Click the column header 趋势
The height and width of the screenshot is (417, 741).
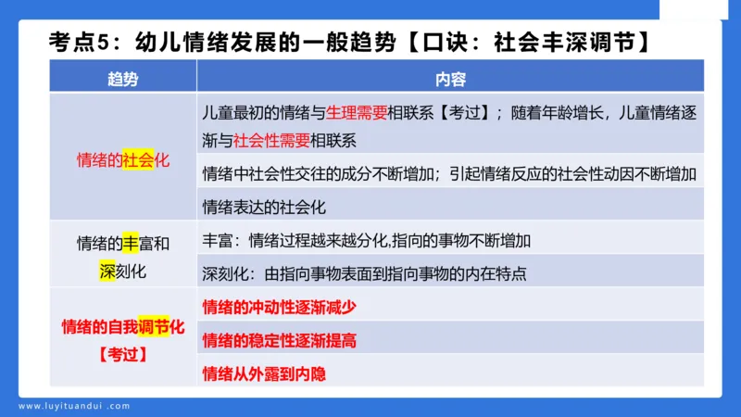(x=122, y=79)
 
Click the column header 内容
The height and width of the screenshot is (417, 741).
(x=449, y=79)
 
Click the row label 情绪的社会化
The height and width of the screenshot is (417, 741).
(x=122, y=159)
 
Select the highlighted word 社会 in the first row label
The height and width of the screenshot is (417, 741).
(x=138, y=159)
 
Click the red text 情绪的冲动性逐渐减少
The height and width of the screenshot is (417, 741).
(x=279, y=307)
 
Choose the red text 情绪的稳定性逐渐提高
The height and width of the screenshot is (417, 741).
(x=279, y=341)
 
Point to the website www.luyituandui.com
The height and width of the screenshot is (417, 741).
(x=75, y=405)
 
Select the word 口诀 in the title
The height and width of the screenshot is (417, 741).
(x=456, y=42)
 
